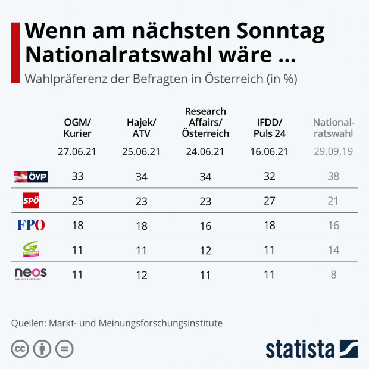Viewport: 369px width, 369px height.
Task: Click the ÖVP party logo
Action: point(30,176)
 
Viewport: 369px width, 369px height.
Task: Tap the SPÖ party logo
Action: point(30,201)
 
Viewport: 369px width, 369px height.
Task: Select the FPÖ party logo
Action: point(31,226)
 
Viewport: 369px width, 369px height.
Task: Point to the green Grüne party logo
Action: point(30,249)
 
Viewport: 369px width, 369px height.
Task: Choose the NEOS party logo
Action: point(30,274)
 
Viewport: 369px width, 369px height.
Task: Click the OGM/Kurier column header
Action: point(77,128)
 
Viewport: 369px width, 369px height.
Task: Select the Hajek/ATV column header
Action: point(141,128)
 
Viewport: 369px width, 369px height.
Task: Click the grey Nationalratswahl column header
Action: point(333,128)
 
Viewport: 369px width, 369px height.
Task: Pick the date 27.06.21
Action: point(77,151)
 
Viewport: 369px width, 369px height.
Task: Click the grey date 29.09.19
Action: point(333,151)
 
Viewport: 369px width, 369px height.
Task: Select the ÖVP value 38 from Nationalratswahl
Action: point(333,176)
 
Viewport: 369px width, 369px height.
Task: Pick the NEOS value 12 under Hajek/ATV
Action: point(141,274)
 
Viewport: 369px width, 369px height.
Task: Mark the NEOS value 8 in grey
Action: point(333,274)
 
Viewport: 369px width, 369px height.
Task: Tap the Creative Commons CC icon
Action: point(20,349)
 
